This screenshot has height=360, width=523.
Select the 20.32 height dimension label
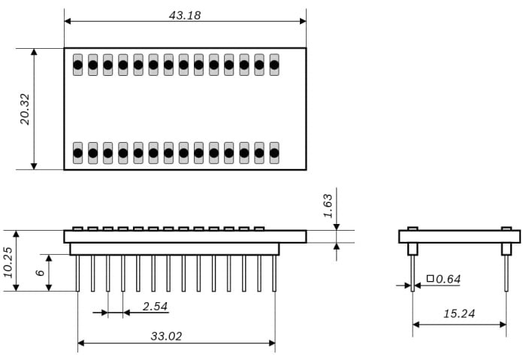pos(26,109)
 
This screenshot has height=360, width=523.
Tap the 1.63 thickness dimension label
pos(327,205)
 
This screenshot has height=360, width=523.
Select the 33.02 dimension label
pos(166,336)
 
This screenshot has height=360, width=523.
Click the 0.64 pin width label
pos(449,279)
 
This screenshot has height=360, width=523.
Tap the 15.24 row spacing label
pos(458,313)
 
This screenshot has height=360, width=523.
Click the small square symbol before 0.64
pos(430,279)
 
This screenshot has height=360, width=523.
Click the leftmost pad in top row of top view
pos(77,65)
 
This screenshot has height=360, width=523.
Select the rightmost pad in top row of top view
pos(274,65)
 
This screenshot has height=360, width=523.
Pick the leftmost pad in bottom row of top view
pos(77,153)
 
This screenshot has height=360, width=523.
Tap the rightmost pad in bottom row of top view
pos(274,153)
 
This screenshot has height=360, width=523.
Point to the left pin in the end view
pos(413,274)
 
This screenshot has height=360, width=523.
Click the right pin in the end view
pos(506,274)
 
